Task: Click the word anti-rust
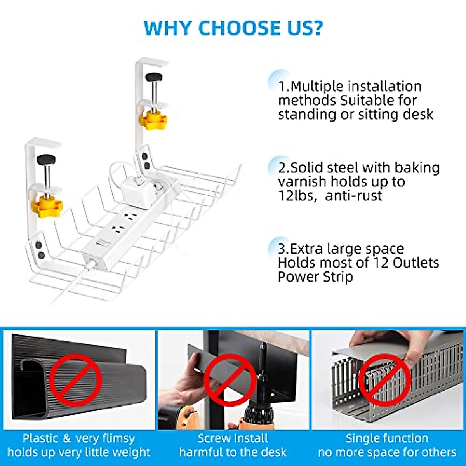(x=354, y=195)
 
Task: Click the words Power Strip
(x=315, y=277)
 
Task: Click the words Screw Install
(x=233, y=438)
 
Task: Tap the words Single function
(x=387, y=438)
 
